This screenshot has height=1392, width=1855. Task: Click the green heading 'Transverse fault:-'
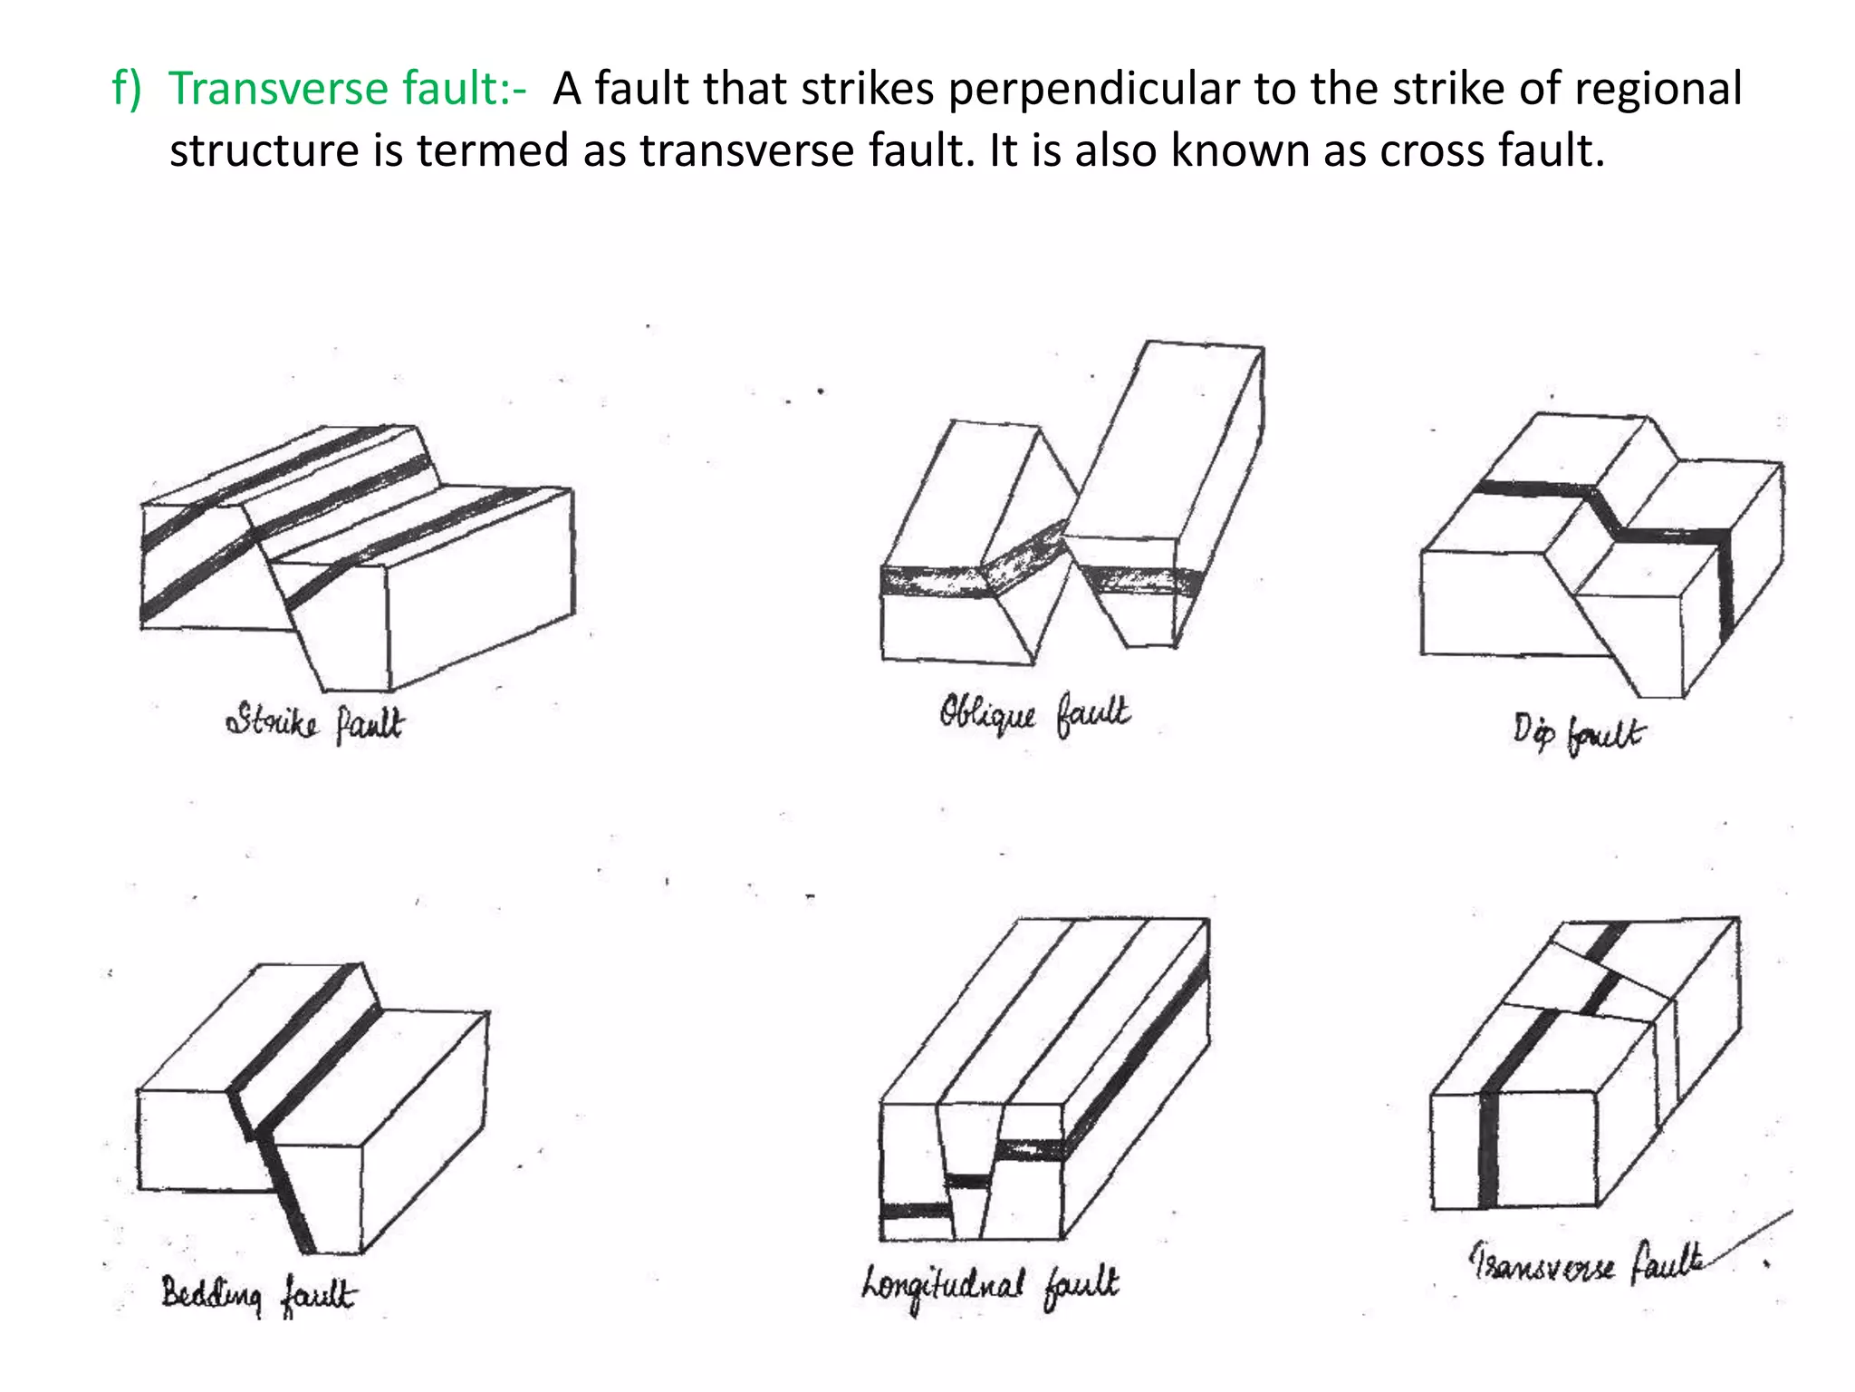347,90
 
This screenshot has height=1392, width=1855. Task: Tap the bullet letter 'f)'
127,90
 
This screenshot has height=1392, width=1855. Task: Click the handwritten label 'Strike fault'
314,723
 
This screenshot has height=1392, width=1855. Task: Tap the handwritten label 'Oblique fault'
1033,716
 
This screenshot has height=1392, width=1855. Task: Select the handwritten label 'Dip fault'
1576,732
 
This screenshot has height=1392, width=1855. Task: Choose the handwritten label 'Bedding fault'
259,1294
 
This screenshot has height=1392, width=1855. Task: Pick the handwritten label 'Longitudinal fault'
990,1285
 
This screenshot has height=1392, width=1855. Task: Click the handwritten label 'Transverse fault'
1585,1262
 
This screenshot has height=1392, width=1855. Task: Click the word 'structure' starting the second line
264,150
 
